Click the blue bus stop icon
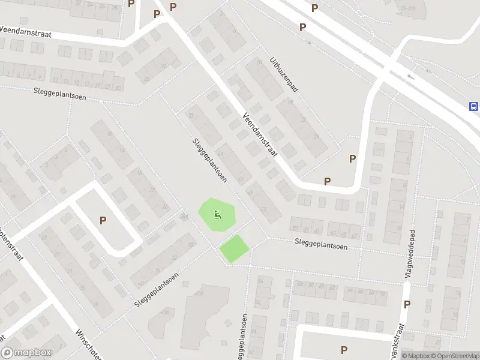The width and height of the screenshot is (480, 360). coord(473,107)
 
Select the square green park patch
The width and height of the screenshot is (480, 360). coord(234,248)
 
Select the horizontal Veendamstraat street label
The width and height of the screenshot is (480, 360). coord(25,32)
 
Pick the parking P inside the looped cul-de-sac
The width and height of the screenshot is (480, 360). coord(103,221)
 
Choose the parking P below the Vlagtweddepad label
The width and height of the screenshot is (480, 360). coord(407,304)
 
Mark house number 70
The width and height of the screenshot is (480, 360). coord(382,292)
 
